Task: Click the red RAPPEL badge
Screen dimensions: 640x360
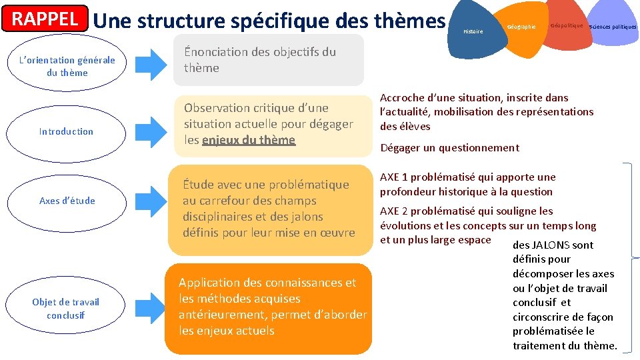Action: click(x=46, y=19)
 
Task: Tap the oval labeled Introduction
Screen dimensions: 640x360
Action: click(x=66, y=131)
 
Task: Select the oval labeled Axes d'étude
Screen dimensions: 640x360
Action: click(x=67, y=201)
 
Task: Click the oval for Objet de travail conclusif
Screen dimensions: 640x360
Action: click(x=65, y=308)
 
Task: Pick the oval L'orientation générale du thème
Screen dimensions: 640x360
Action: click(x=67, y=67)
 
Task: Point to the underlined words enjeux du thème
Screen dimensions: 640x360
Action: click(x=248, y=140)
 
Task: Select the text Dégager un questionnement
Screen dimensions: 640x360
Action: click(x=449, y=148)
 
